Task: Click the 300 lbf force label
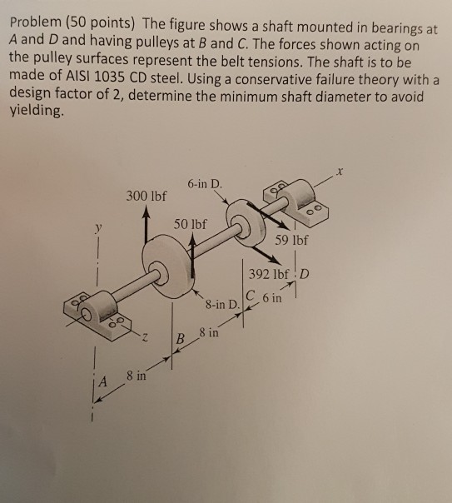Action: point(147,196)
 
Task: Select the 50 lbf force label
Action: point(191,224)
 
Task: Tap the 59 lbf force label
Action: point(291,240)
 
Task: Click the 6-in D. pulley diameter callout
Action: point(205,184)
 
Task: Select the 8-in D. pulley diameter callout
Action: point(222,304)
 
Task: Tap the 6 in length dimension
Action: point(272,298)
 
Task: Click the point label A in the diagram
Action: point(102,381)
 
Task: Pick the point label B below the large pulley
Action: point(181,338)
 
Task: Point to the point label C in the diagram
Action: point(251,294)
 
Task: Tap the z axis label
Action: point(145,337)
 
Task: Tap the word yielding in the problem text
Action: point(35,111)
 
